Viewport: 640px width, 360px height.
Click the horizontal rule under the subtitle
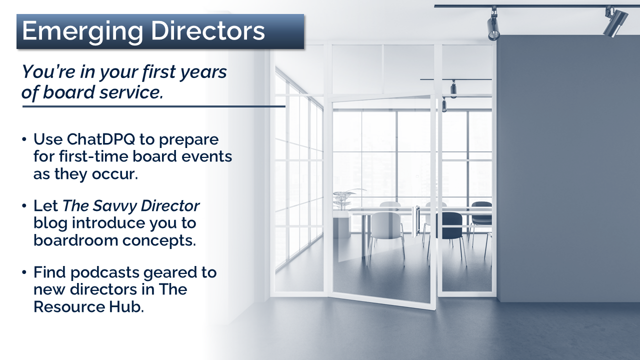click(x=153, y=106)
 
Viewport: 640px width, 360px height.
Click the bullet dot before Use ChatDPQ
click(x=24, y=139)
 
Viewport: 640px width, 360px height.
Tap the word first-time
click(x=95, y=156)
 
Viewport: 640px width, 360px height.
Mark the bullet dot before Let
click(x=24, y=206)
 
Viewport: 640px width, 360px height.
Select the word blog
click(x=50, y=223)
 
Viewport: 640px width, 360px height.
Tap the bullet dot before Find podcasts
click(x=24, y=272)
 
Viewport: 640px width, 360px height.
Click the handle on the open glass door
click(x=415, y=221)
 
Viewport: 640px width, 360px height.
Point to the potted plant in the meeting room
click(x=345, y=199)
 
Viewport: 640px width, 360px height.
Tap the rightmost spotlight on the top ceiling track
click(x=615, y=22)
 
